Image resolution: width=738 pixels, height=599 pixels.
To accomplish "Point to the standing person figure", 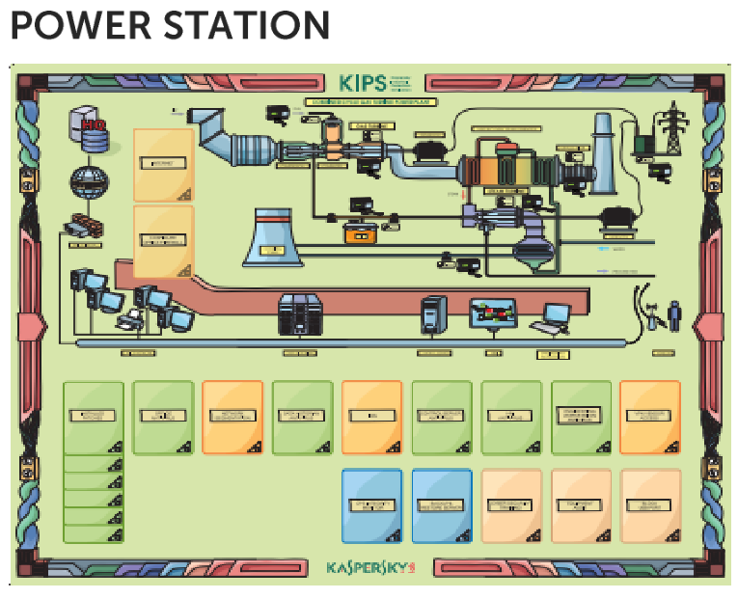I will click(x=674, y=315).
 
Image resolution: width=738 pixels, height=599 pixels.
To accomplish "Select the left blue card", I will click(x=371, y=505).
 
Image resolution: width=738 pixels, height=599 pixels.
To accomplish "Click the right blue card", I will click(x=442, y=505).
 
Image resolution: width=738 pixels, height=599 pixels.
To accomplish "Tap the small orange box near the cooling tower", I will click(x=361, y=232).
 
